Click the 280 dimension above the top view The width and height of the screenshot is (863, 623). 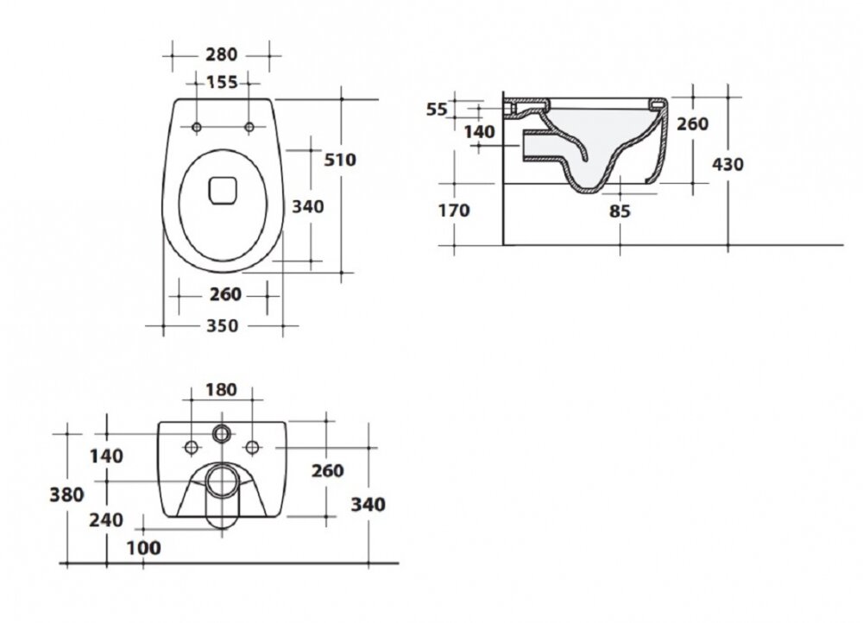[x=221, y=54]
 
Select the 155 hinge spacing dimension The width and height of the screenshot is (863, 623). [x=222, y=82]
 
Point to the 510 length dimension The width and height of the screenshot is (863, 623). [x=340, y=160]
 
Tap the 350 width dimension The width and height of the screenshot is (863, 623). [x=223, y=326]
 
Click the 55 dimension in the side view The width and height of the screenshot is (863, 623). [x=437, y=110]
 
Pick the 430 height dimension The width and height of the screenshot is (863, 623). [x=728, y=164]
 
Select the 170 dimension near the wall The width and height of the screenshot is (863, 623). [x=454, y=211]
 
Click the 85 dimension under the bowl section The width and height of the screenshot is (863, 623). [x=620, y=211]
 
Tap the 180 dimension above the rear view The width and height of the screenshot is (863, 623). [x=221, y=390]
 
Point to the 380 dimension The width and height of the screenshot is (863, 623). [x=66, y=494]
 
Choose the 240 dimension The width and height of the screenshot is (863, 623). [x=106, y=519]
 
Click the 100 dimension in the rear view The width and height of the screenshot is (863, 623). [x=143, y=548]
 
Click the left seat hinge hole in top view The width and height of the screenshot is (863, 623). [x=197, y=127]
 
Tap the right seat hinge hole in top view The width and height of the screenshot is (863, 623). [x=249, y=127]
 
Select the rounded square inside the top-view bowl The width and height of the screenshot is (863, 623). [x=223, y=191]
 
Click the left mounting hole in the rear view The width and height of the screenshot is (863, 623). [x=191, y=448]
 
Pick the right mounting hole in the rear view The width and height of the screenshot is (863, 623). [x=253, y=448]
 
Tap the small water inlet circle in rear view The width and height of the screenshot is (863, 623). [x=222, y=434]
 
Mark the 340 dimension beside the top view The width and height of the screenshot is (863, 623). [x=308, y=207]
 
